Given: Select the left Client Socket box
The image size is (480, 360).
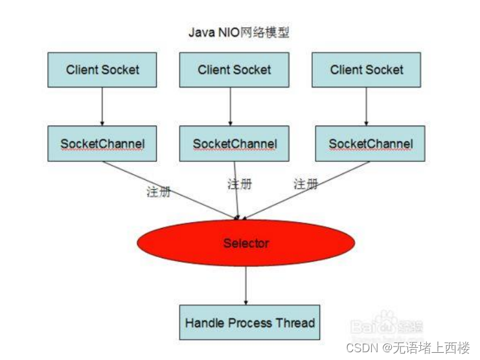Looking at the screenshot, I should tap(102, 70).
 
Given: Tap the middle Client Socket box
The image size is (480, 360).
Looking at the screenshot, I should tap(234, 70).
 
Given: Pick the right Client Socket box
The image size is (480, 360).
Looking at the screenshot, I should tap(367, 70).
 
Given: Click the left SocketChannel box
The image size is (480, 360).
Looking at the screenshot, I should tap(102, 144).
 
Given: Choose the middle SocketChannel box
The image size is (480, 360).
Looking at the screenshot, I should tap(234, 144).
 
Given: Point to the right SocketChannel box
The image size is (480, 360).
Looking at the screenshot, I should tap(370, 144).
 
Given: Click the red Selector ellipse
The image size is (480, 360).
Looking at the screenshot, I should tap(246, 243).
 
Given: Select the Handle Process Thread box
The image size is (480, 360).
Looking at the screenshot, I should tap(249, 322).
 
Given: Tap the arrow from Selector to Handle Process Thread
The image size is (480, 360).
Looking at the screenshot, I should tap(246, 286).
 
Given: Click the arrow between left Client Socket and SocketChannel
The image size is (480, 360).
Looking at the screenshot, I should tap(102, 106).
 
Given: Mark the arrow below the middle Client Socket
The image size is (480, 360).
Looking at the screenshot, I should tap(231, 106).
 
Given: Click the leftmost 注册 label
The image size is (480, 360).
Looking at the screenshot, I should tap(159, 192).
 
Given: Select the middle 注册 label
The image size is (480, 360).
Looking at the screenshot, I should tap(239, 184).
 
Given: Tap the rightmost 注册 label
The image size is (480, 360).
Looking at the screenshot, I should tap(306, 184).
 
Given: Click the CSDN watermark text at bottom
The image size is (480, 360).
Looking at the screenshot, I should tap(407, 348).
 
